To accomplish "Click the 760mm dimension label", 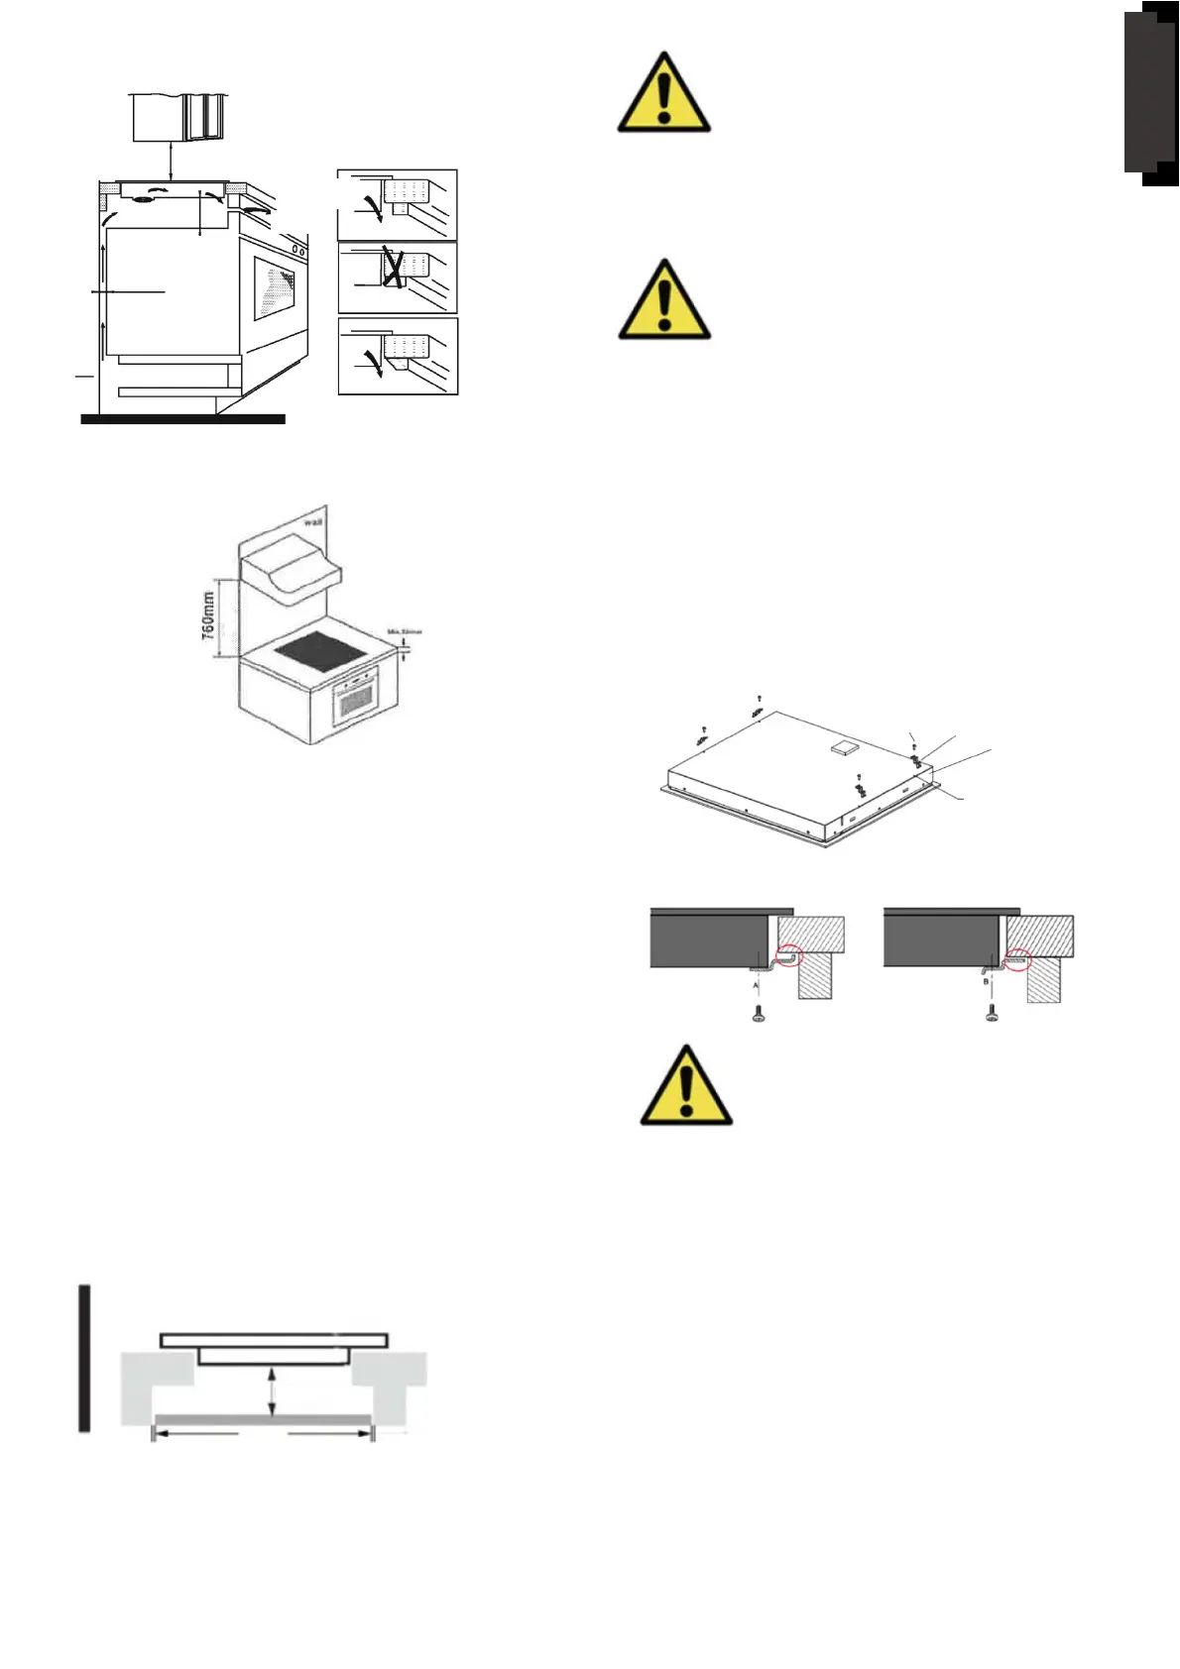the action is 208,615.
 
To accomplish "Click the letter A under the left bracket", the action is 756,987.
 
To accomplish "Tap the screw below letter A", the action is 759,1014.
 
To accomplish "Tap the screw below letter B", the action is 991,1014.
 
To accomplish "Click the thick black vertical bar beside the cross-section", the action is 86,1359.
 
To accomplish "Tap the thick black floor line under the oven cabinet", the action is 182,419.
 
